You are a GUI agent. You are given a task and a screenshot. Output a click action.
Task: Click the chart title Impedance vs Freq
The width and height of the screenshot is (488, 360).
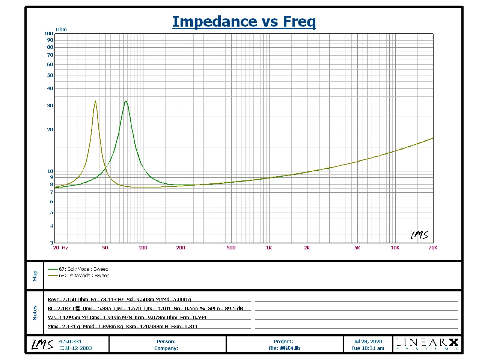click(x=244, y=22)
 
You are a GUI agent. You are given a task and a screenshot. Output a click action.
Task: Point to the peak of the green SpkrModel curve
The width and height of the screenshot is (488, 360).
click(x=126, y=101)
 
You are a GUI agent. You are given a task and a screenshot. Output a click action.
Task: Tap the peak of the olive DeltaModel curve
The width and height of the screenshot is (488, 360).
click(x=95, y=101)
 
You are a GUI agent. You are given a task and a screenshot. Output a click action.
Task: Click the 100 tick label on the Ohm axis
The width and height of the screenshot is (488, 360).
click(x=49, y=34)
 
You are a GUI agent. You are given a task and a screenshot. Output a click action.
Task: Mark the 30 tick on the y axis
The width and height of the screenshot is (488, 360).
click(x=50, y=106)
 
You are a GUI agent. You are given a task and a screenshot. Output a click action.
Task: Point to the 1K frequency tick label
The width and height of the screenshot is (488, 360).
click(x=269, y=248)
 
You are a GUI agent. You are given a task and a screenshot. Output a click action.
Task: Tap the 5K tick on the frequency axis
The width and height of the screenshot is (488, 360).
click(x=357, y=248)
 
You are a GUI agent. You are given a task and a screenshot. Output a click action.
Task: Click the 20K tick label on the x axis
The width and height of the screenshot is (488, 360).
click(x=433, y=248)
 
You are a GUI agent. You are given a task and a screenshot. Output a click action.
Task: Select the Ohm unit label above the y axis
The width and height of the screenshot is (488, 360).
click(x=61, y=30)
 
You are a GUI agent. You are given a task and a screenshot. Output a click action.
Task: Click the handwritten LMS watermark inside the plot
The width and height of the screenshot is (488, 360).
click(x=419, y=235)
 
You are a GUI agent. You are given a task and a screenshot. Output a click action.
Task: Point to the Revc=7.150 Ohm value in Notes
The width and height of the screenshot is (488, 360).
click(x=68, y=299)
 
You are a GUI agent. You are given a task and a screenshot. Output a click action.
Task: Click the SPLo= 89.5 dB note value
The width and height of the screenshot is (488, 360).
click(x=226, y=308)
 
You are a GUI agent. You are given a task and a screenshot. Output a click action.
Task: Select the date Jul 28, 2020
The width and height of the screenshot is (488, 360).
click(x=368, y=341)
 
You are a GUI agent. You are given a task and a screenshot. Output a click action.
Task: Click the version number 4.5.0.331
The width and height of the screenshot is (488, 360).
click(x=70, y=341)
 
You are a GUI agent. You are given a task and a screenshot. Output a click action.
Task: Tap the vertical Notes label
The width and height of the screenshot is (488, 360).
click(x=35, y=312)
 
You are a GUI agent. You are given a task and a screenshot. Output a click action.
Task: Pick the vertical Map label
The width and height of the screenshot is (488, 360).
click(x=35, y=276)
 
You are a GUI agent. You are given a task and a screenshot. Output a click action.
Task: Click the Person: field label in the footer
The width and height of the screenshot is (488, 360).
click(x=166, y=341)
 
